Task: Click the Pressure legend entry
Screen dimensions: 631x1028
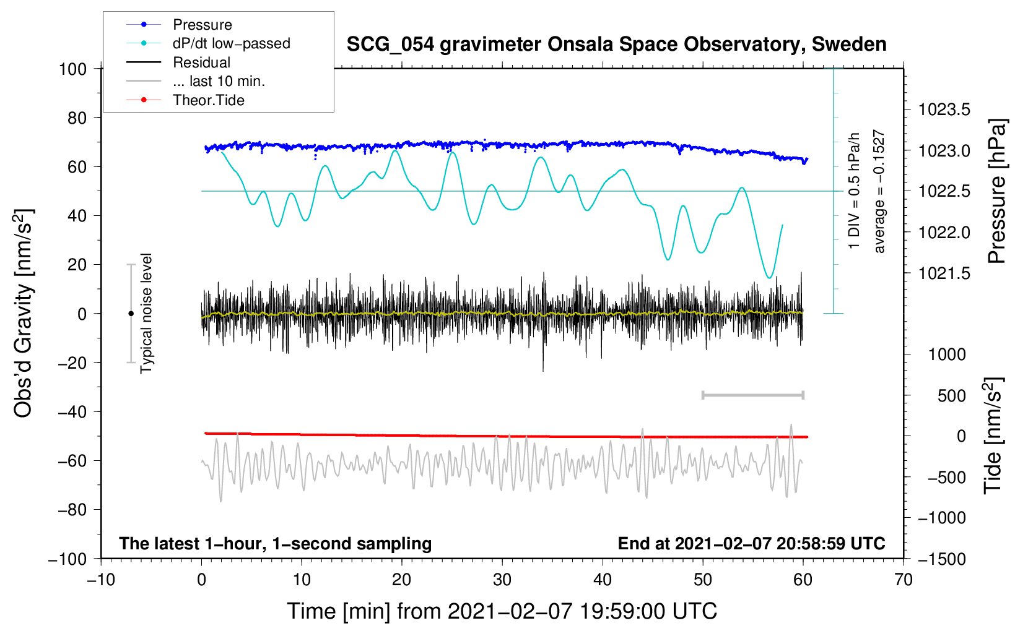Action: coord(202,25)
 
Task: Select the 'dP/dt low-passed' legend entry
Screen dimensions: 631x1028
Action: coord(231,43)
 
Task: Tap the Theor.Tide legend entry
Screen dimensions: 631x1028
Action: coord(208,100)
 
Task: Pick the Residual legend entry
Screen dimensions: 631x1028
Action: coord(201,62)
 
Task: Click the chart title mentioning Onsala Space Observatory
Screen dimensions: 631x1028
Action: coord(616,45)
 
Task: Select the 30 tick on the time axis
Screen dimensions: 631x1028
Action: coord(502,580)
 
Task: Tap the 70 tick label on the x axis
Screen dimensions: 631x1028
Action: coord(904,580)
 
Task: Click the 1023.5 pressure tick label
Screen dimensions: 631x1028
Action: coord(944,110)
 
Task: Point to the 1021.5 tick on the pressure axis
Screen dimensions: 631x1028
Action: coord(944,273)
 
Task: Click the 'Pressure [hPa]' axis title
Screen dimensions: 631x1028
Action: coord(997,191)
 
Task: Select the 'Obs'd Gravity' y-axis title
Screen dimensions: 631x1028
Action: coord(24,313)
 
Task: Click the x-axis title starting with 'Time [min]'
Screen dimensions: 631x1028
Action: coord(502,611)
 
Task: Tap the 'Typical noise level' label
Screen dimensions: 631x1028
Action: coord(146,313)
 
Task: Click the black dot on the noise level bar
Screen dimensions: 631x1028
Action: coord(131,314)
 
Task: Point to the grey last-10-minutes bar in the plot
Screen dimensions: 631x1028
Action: coord(752,395)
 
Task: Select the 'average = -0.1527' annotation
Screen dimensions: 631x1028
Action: coord(879,191)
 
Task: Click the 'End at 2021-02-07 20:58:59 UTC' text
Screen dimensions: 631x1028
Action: coord(751,543)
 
